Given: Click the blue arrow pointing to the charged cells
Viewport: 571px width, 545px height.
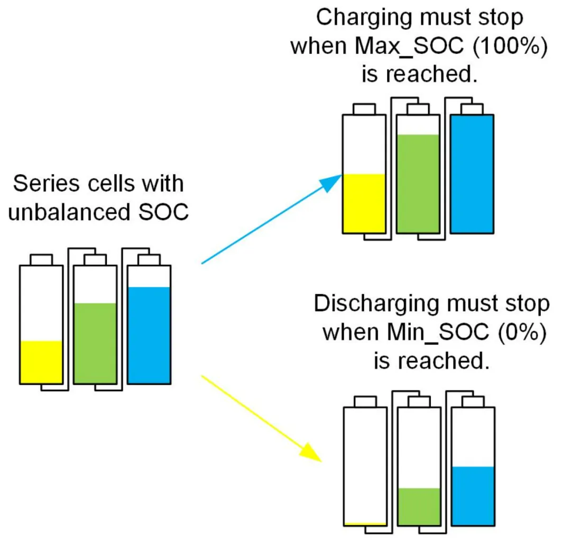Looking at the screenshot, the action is pyautogui.click(x=272, y=219).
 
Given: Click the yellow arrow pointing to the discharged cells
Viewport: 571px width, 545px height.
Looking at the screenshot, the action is pyautogui.click(x=262, y=419).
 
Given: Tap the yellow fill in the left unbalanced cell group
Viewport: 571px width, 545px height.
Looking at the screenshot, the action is pyautogui.click(x=41, y=362).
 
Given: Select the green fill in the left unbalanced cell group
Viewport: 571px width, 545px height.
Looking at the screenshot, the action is pyautogui.click(x=95, y=343).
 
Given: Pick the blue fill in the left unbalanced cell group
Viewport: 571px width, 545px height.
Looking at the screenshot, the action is pyautogui.click(x=149, y=335).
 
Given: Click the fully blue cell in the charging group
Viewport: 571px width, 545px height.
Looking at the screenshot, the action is pyautogui.click(x=472, y=174).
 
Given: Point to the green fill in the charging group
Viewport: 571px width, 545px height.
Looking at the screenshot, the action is pyautogui.click(x=418, y=184).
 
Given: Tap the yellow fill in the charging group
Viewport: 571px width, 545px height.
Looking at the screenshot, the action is pyautogui.click(x=364, y=203).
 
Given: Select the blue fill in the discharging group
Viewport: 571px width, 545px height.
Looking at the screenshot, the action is pyautogui.click(x=473, y=496).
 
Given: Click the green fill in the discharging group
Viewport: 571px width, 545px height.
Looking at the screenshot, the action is pyautogui.click(x=419, y=506).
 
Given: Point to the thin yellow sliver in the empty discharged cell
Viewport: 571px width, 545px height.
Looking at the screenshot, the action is pyautogui.click(x=365, y=524).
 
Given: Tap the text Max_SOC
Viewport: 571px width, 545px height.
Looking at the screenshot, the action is pyautogui.click(x=409, y=47).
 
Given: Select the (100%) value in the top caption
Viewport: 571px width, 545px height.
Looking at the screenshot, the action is pyautogui.click(x=510, y=47).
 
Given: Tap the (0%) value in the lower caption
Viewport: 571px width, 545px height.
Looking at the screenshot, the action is pyautogui.click(x=522, y=333).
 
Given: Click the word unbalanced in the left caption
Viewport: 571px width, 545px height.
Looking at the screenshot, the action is pyautogui.click(x=69, y=212).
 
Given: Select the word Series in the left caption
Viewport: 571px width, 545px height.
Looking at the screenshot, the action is pyautogui.click(x=46, y=184).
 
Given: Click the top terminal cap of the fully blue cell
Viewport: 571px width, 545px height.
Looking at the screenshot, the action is pyautogui.click(x=472, y=110).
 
